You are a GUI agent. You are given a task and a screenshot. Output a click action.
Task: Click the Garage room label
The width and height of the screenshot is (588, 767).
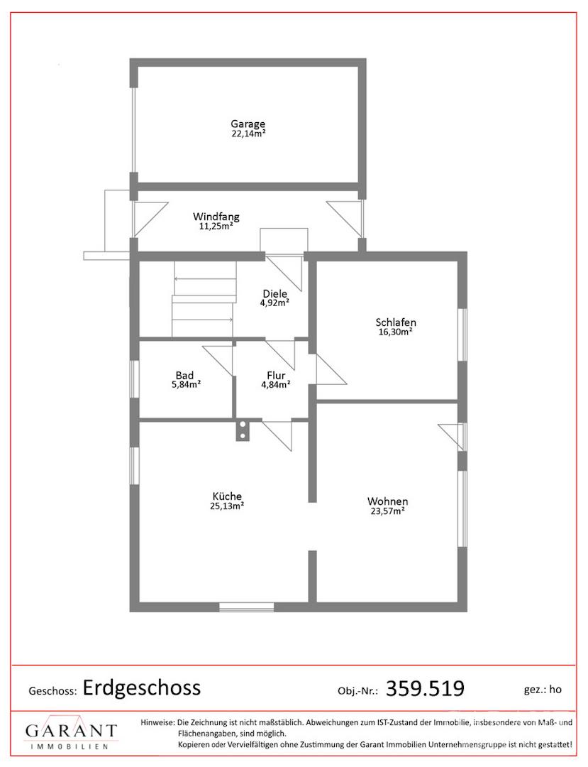(x=248, y=124)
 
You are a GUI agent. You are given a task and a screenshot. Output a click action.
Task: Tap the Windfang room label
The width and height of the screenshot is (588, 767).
(x=216, y=216)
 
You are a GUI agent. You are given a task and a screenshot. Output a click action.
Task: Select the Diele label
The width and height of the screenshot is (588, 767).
(x=275, y=293)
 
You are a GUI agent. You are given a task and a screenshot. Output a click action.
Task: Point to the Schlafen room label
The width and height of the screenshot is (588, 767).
(x=396, y=322)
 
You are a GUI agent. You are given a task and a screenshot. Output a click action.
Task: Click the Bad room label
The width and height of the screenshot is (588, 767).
(x=184, y=375)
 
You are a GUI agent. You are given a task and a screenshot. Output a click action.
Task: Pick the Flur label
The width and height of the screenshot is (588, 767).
(x=276, y=375)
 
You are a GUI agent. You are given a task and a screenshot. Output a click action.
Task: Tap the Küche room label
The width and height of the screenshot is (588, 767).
(x=227, y=496)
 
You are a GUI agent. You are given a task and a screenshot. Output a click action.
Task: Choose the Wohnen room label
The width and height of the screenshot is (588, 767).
(x=388, y=501)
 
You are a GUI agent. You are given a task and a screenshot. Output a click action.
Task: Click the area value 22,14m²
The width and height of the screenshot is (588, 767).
(x=248, y=134)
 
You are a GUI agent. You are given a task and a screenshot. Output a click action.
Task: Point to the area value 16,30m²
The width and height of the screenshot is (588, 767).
(x=396, y=332)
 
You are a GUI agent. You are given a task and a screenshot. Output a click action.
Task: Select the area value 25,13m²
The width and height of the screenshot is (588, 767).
(x=227, y=506)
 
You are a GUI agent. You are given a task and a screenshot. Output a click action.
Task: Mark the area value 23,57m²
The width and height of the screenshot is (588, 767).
(x=388, y=511)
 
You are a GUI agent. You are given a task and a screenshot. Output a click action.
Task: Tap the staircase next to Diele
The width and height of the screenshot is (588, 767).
(x=204, y=299)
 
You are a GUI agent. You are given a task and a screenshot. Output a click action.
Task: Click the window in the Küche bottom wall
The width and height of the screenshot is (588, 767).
(x=247, y=607)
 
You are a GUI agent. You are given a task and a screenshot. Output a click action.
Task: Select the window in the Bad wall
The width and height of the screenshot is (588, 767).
(x=134, y=379)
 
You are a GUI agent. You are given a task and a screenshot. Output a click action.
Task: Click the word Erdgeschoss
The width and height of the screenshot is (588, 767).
(x=142, y=687)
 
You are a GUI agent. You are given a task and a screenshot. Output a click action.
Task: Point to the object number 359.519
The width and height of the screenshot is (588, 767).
(x=425, y=688)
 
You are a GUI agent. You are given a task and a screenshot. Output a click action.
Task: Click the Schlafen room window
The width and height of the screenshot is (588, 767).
(x=462, y=334)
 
